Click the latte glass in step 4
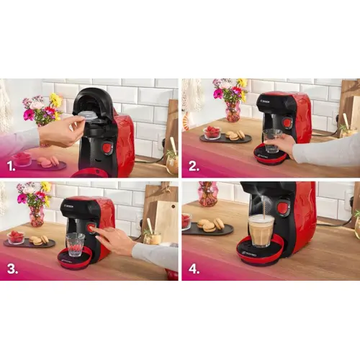[x=261, y=230]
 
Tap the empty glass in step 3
[x=75, y=243]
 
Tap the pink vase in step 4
[x=207, y=194]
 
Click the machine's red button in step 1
[x=107, y=148]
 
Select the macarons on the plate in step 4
[x=210, y=225]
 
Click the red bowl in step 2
[x=212, y=132]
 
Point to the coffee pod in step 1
[x=87, y=114]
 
